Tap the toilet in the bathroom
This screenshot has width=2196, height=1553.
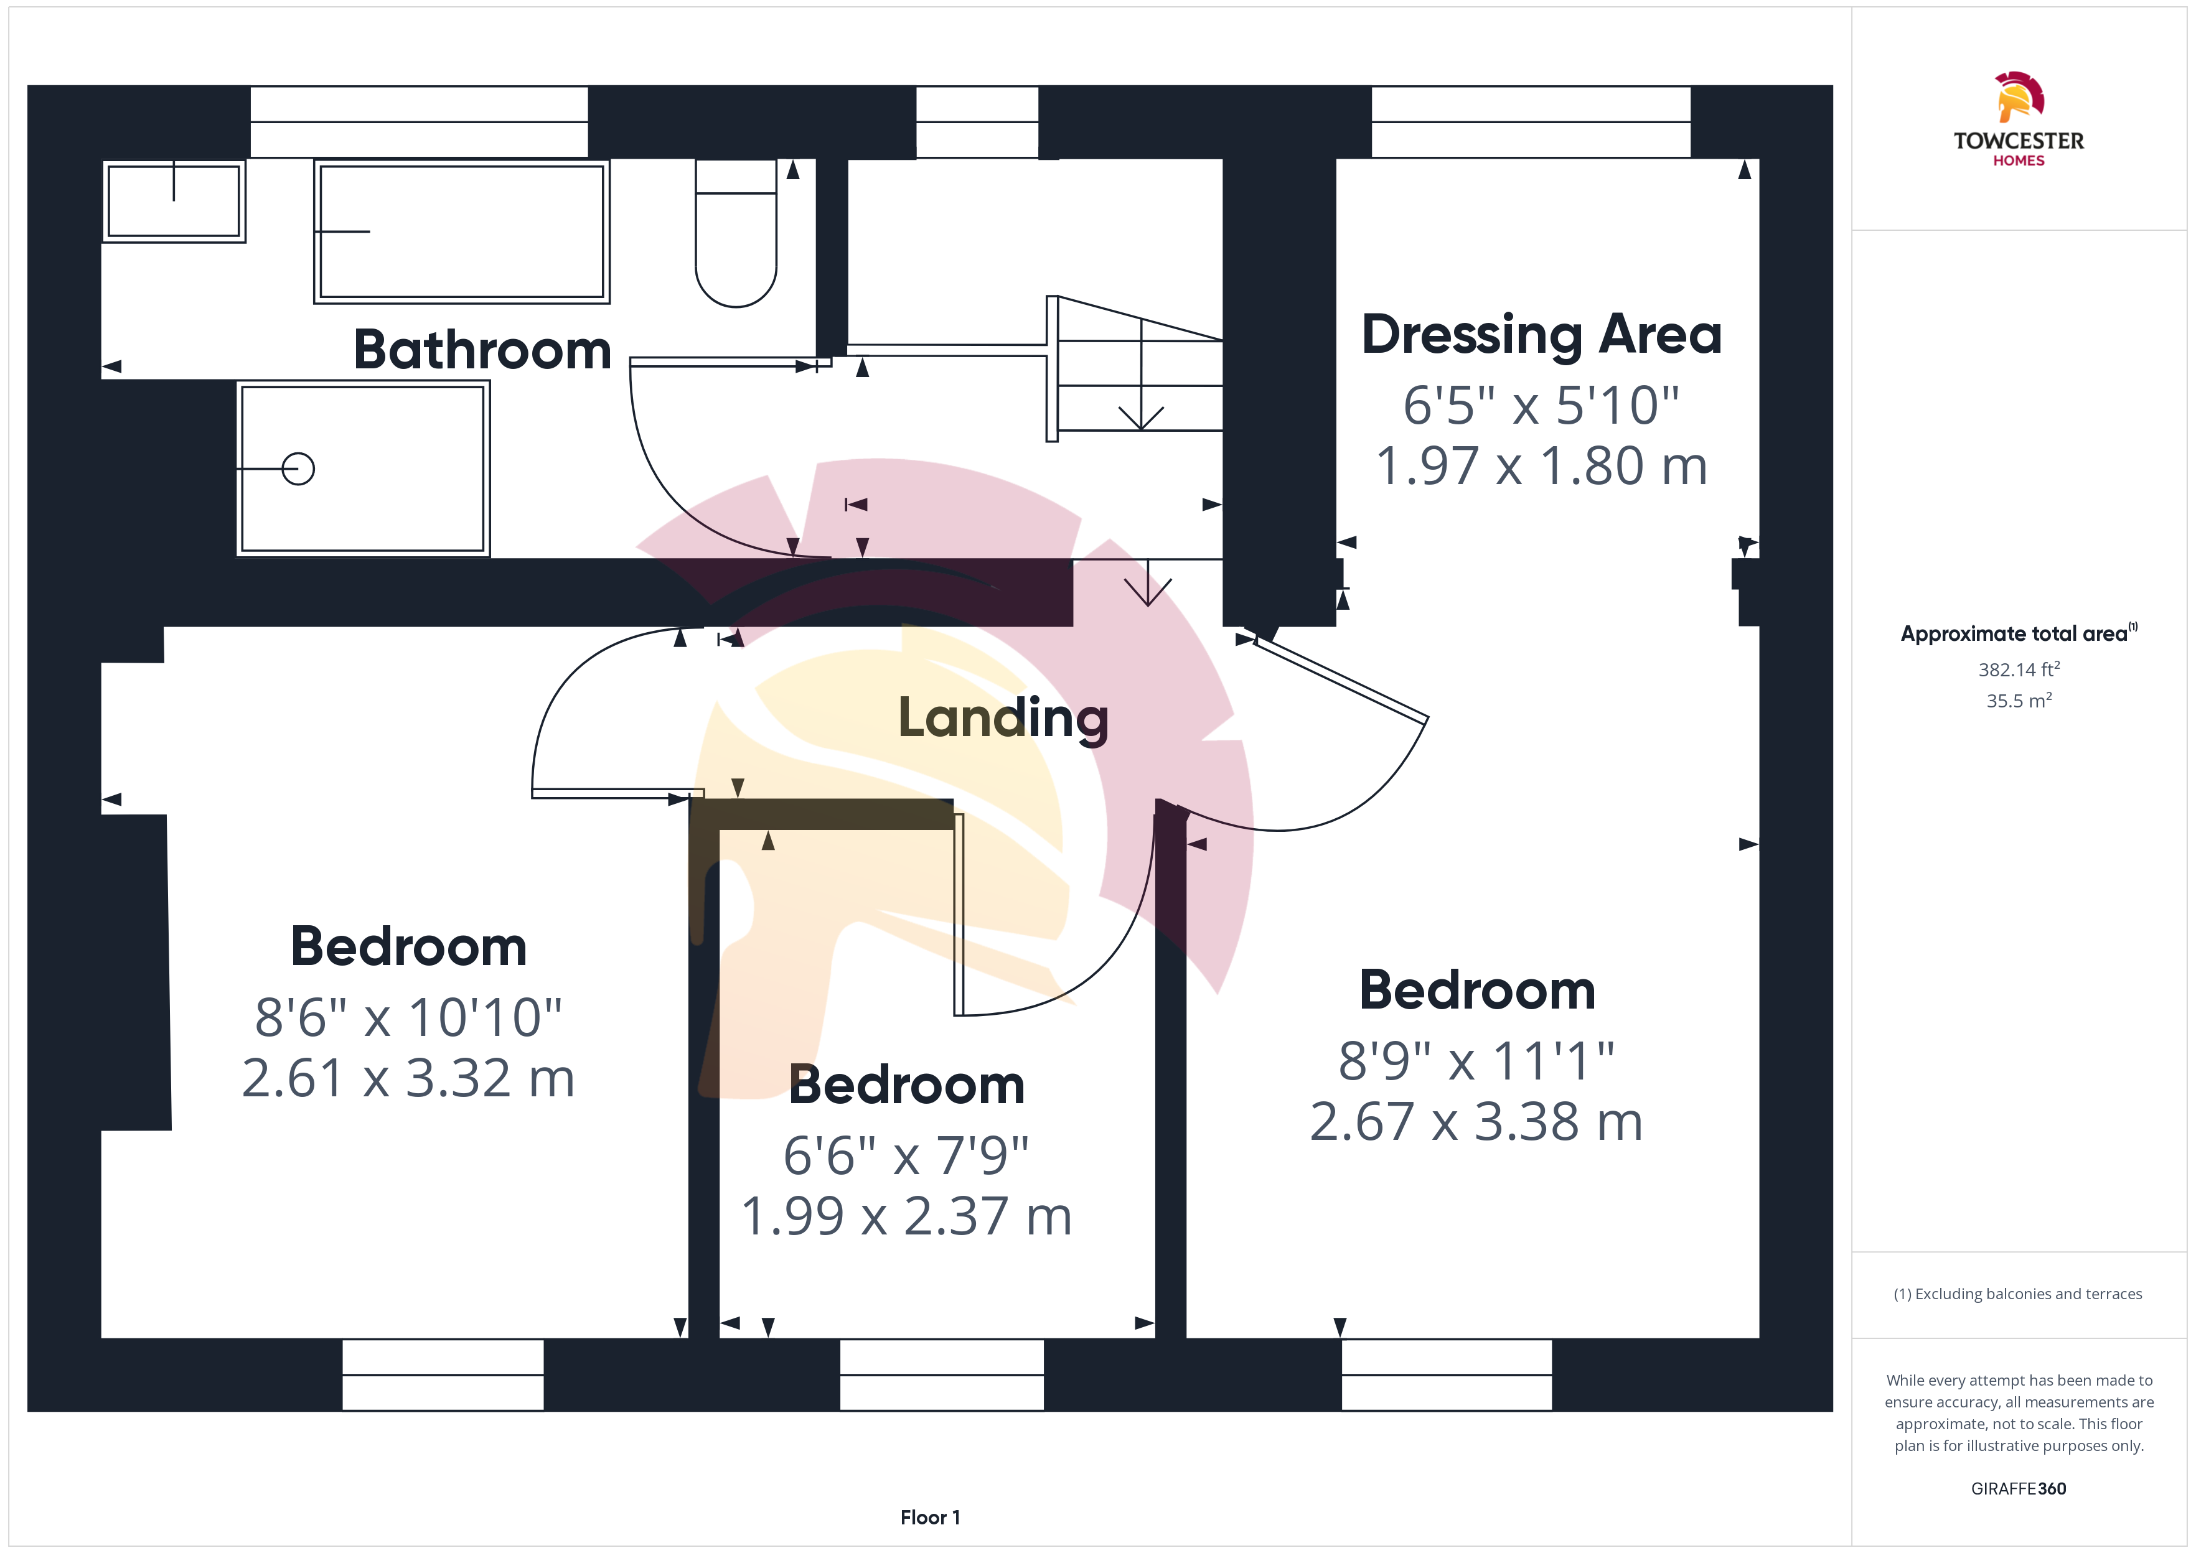[x=736, y=232]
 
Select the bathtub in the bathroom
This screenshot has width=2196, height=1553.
[x=462, y=231]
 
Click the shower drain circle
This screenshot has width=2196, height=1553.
[x=298, y=469]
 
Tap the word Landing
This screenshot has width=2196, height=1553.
[x=1003, y=718]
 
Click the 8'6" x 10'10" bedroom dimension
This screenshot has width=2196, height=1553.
[x=408, y=1017]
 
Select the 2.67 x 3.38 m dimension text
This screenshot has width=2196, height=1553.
[x=1476, y=1122]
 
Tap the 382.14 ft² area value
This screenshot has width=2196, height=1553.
[x=2019, y=669]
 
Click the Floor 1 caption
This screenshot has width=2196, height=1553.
[x=930, y=1518]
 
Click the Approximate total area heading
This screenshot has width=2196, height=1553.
[x=2018, y=633]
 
